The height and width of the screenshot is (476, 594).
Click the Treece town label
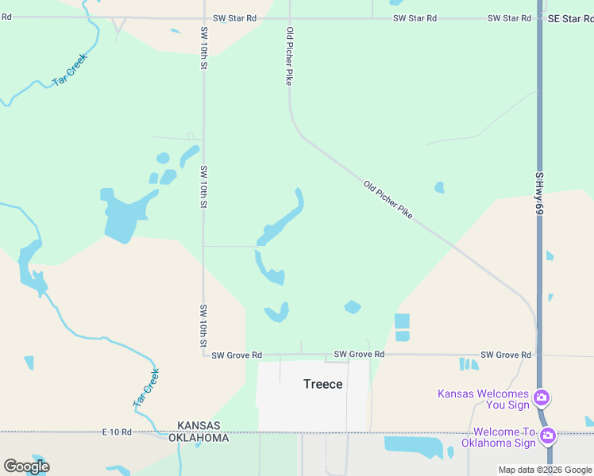tap(323, 384)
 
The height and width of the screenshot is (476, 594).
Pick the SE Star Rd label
tap(567, 18)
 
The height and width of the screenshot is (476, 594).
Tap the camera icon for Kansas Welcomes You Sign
tap(542, 397)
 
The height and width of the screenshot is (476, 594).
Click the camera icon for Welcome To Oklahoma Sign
tap(547, 435)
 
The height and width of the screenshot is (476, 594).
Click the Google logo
tap(26, 466)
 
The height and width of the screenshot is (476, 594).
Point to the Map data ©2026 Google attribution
tap(546, 470)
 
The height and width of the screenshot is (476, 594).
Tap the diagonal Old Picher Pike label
tap(388, 200)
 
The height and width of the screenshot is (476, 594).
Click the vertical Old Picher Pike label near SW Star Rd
tap(290, 56)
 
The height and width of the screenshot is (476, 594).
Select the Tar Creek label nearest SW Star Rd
tap(70, 70)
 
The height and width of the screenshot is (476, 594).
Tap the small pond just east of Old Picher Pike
tap(439, 188)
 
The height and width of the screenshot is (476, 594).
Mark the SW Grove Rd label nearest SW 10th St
tap(236, 355)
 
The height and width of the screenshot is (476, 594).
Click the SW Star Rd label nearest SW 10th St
tap(235, 18)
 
